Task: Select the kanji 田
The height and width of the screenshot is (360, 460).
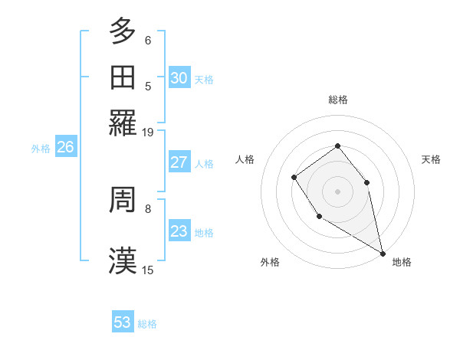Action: [123, 77]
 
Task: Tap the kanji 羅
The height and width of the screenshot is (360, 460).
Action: [123, 123]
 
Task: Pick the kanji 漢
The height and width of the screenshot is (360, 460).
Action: [123, 260]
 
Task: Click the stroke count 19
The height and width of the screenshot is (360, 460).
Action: [148, 132]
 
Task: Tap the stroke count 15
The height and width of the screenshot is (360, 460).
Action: [148, 270]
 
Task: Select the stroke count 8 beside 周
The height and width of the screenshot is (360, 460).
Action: [148, 208]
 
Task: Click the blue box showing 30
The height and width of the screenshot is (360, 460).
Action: [179, 77]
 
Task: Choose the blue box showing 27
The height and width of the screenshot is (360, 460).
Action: [179, 163]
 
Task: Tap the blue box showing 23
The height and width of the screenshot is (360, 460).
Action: [179, 231]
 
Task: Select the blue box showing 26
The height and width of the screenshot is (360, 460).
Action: [65, 148]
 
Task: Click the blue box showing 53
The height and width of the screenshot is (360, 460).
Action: [123, 322]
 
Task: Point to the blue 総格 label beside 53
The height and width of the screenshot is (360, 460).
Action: [147, 324]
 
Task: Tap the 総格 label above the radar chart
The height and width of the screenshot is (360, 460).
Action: [337, 100]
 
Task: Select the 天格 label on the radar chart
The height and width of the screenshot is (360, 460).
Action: [431, 159]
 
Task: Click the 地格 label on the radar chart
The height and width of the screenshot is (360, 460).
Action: [402, 262]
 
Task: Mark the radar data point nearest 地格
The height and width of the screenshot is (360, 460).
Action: [383, 254]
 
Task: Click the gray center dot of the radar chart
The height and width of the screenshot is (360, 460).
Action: [337, 191]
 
